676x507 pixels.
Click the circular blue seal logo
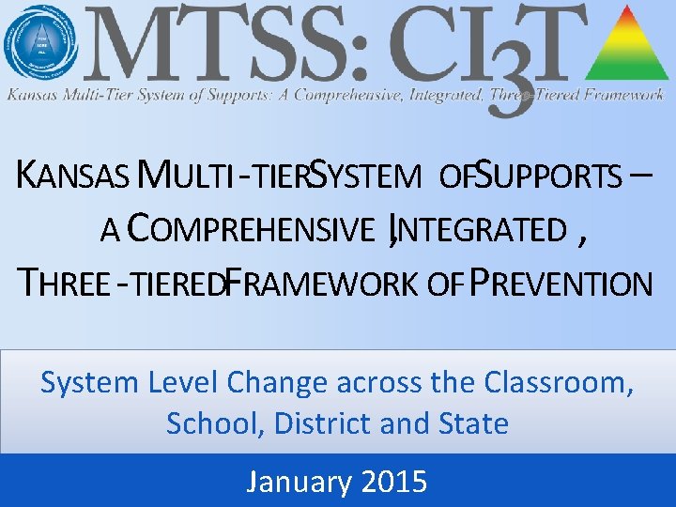pyautogui.click(x=39, y=42)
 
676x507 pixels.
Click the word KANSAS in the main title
pyautogui.click(x=72, y=175)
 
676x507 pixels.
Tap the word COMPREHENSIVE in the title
pyautogui.click(x=250, y=228)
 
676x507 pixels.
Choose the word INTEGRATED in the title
pyautogui.click(x=484, y=228)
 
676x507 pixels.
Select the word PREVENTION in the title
pyautogui.click(x=561, y=283)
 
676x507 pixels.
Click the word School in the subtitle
pyautogui.click(x=212, y=423)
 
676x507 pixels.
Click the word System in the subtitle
pyautogui.click(x=89, y=383)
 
